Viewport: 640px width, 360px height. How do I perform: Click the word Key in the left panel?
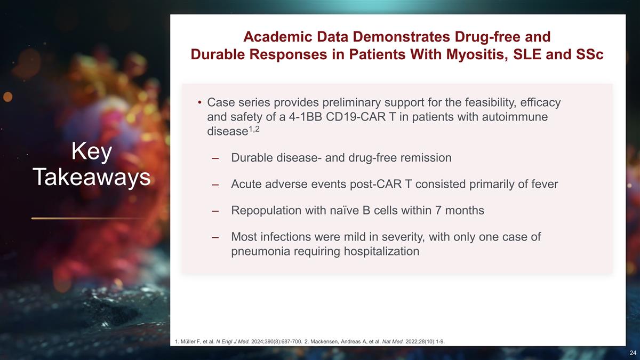(x=91, y=151)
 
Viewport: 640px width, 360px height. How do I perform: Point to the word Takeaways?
(x=91, y=177)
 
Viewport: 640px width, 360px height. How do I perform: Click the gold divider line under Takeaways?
(x=89, y=219)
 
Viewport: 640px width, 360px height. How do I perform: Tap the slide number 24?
(x=633, y=353)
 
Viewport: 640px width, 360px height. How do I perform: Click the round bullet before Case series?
(x=199, y=102)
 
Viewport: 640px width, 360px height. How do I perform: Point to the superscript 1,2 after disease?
(x=254, y=129)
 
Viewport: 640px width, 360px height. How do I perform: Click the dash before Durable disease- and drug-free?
(x=215, y=158)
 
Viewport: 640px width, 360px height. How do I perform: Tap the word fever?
(x=545, y=184)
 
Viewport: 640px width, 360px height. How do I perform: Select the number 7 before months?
(x=438, y=211)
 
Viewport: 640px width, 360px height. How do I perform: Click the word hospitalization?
(x=381, y=252)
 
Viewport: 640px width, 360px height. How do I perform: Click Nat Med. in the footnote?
(x=393, y=341)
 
